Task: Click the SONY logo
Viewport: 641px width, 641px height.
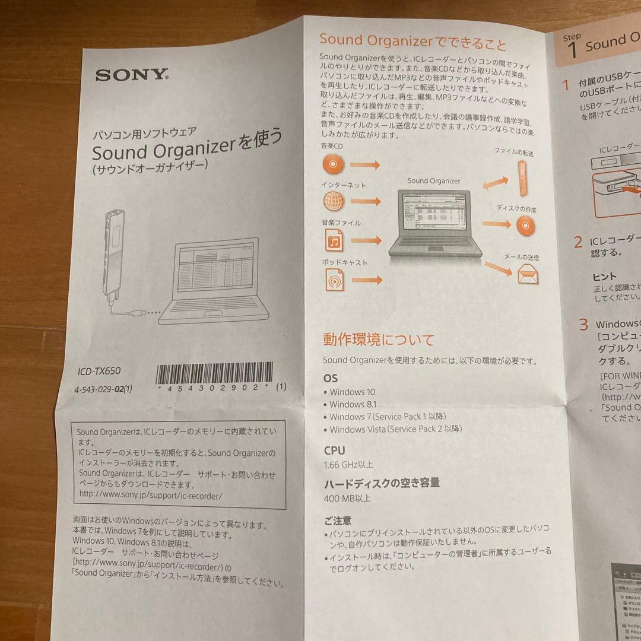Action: pos(132,75)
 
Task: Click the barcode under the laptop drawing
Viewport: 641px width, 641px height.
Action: pos(215,374)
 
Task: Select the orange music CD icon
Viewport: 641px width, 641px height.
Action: pos(334,163)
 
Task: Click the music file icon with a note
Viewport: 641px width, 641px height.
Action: pos(334,240)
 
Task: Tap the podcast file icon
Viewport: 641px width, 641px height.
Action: pos(334,280)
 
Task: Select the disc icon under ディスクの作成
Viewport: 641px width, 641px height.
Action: pos(525,225)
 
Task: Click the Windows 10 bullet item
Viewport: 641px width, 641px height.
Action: pos(352,392)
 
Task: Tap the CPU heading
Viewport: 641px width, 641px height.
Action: pos(334,450)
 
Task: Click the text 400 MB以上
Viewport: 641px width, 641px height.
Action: pos(347,499)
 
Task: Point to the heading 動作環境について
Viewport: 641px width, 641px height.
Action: pos(378,340)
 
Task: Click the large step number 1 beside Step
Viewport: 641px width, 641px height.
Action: pos(572,50)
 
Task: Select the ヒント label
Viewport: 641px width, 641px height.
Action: pos(604,276)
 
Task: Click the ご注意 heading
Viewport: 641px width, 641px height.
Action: pos(338,521)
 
